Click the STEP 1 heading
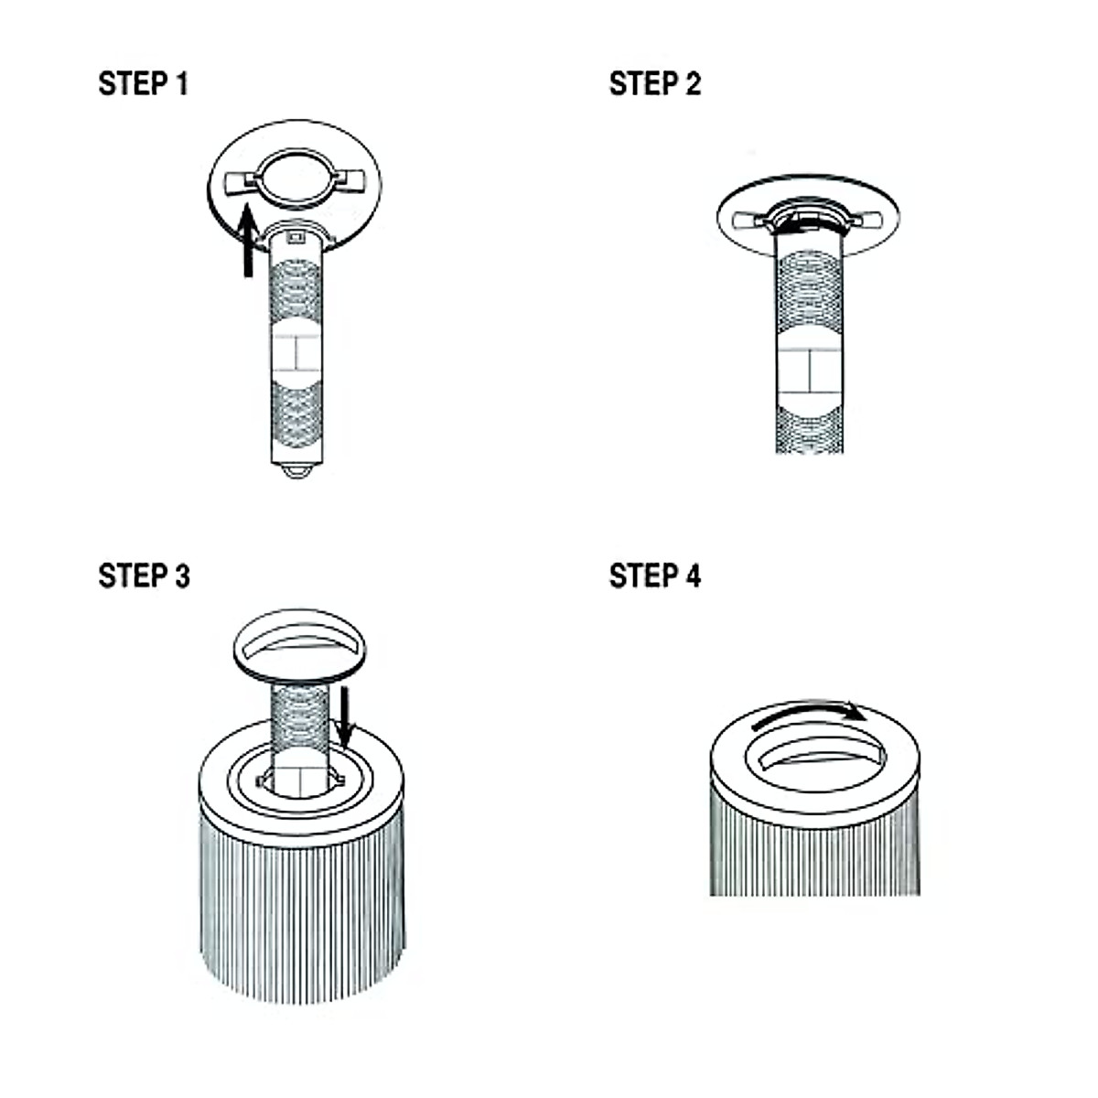point(143,84)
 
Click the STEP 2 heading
point(654,84)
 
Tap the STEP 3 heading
point(144,576)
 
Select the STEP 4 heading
point(654,576)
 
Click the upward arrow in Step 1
point(247,242)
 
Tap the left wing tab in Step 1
point(242,183)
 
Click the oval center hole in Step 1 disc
point(295,176)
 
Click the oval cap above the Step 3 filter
point(299,645)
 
